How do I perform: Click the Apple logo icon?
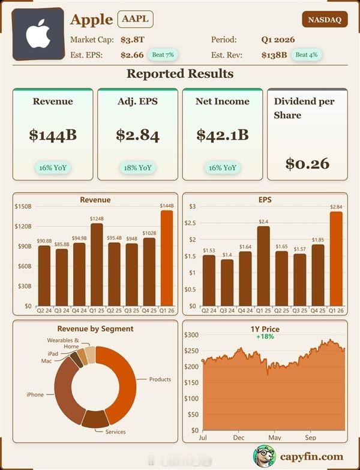coord(37,35)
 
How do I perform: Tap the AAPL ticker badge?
coord(135,19)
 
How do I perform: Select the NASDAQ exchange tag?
coord(325,20)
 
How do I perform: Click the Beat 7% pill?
coord(163,55)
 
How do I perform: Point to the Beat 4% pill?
coord(306,55)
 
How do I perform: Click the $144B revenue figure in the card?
coord(53,135)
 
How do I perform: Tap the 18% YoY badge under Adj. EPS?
coord(137,167)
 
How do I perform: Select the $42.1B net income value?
coord(222,135)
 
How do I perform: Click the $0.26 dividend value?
coord(307,162)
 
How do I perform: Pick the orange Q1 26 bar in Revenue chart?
coord(167,258)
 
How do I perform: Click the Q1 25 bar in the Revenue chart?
coord(97,264)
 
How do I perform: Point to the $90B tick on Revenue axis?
coord(23,246)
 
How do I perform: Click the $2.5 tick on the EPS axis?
coord(193,223)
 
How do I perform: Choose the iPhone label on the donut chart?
coord(35,394)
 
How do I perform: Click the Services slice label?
coord(116,432)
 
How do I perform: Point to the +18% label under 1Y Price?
coord(265,337)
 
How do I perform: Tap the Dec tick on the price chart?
coord(239,438)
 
